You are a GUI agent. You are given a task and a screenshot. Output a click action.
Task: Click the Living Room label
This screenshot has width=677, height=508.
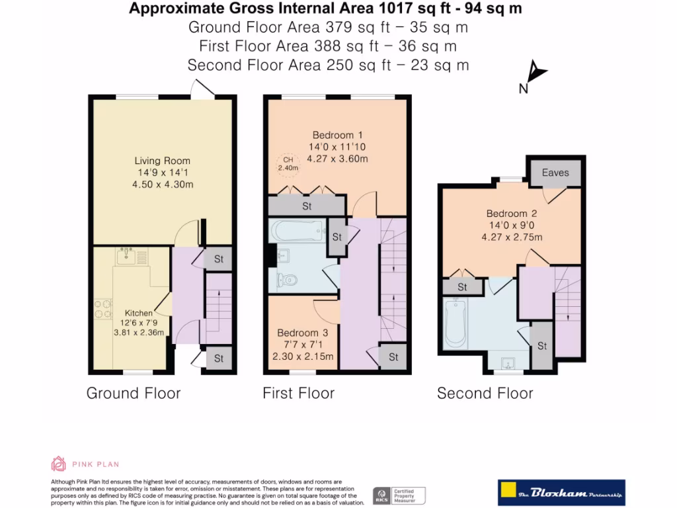[162, 161]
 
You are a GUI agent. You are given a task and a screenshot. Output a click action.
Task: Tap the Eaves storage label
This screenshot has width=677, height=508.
[555, 173]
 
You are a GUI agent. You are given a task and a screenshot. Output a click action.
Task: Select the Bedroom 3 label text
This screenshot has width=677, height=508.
[302, 333]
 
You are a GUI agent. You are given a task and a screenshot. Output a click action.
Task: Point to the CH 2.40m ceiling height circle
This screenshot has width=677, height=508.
[288, 163]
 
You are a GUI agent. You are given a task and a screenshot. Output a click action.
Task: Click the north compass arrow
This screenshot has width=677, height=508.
[537, 73]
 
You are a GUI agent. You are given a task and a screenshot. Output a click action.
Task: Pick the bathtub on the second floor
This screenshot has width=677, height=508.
[456, 325]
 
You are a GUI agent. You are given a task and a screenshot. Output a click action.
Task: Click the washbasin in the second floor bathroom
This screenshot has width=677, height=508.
[508, 362]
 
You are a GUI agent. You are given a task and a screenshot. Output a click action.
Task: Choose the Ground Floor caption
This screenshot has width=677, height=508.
[134, 394]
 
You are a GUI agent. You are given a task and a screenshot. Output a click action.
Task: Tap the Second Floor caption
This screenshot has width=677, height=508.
[485, 394]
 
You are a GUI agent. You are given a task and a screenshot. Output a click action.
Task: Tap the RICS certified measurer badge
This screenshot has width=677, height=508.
[399, 495]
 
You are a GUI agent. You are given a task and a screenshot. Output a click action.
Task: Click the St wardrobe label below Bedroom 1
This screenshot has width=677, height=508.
[307, 206]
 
